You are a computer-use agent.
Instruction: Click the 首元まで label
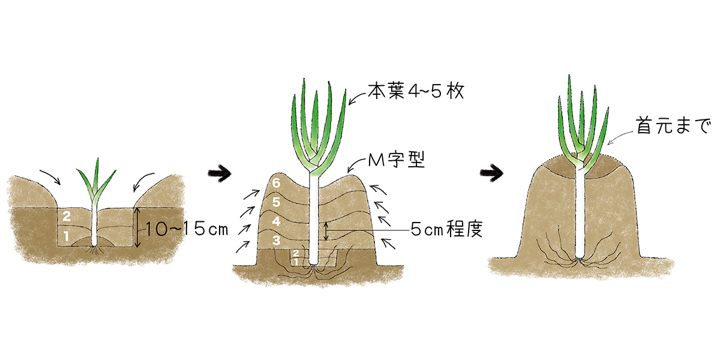pyautogui.click(x=673, y=126)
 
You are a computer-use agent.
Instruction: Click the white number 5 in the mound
pyautogui.click(x=276, y=202)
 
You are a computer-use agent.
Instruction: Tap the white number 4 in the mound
pyautogui.click(x=276, y=221)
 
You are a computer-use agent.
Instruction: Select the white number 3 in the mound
pyautogui.click(x=276, y=241)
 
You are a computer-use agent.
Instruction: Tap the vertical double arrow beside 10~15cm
pyautogui.click(x=137, y=227)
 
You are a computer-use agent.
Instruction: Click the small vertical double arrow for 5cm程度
pyautogui.click(x=326, y=231)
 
